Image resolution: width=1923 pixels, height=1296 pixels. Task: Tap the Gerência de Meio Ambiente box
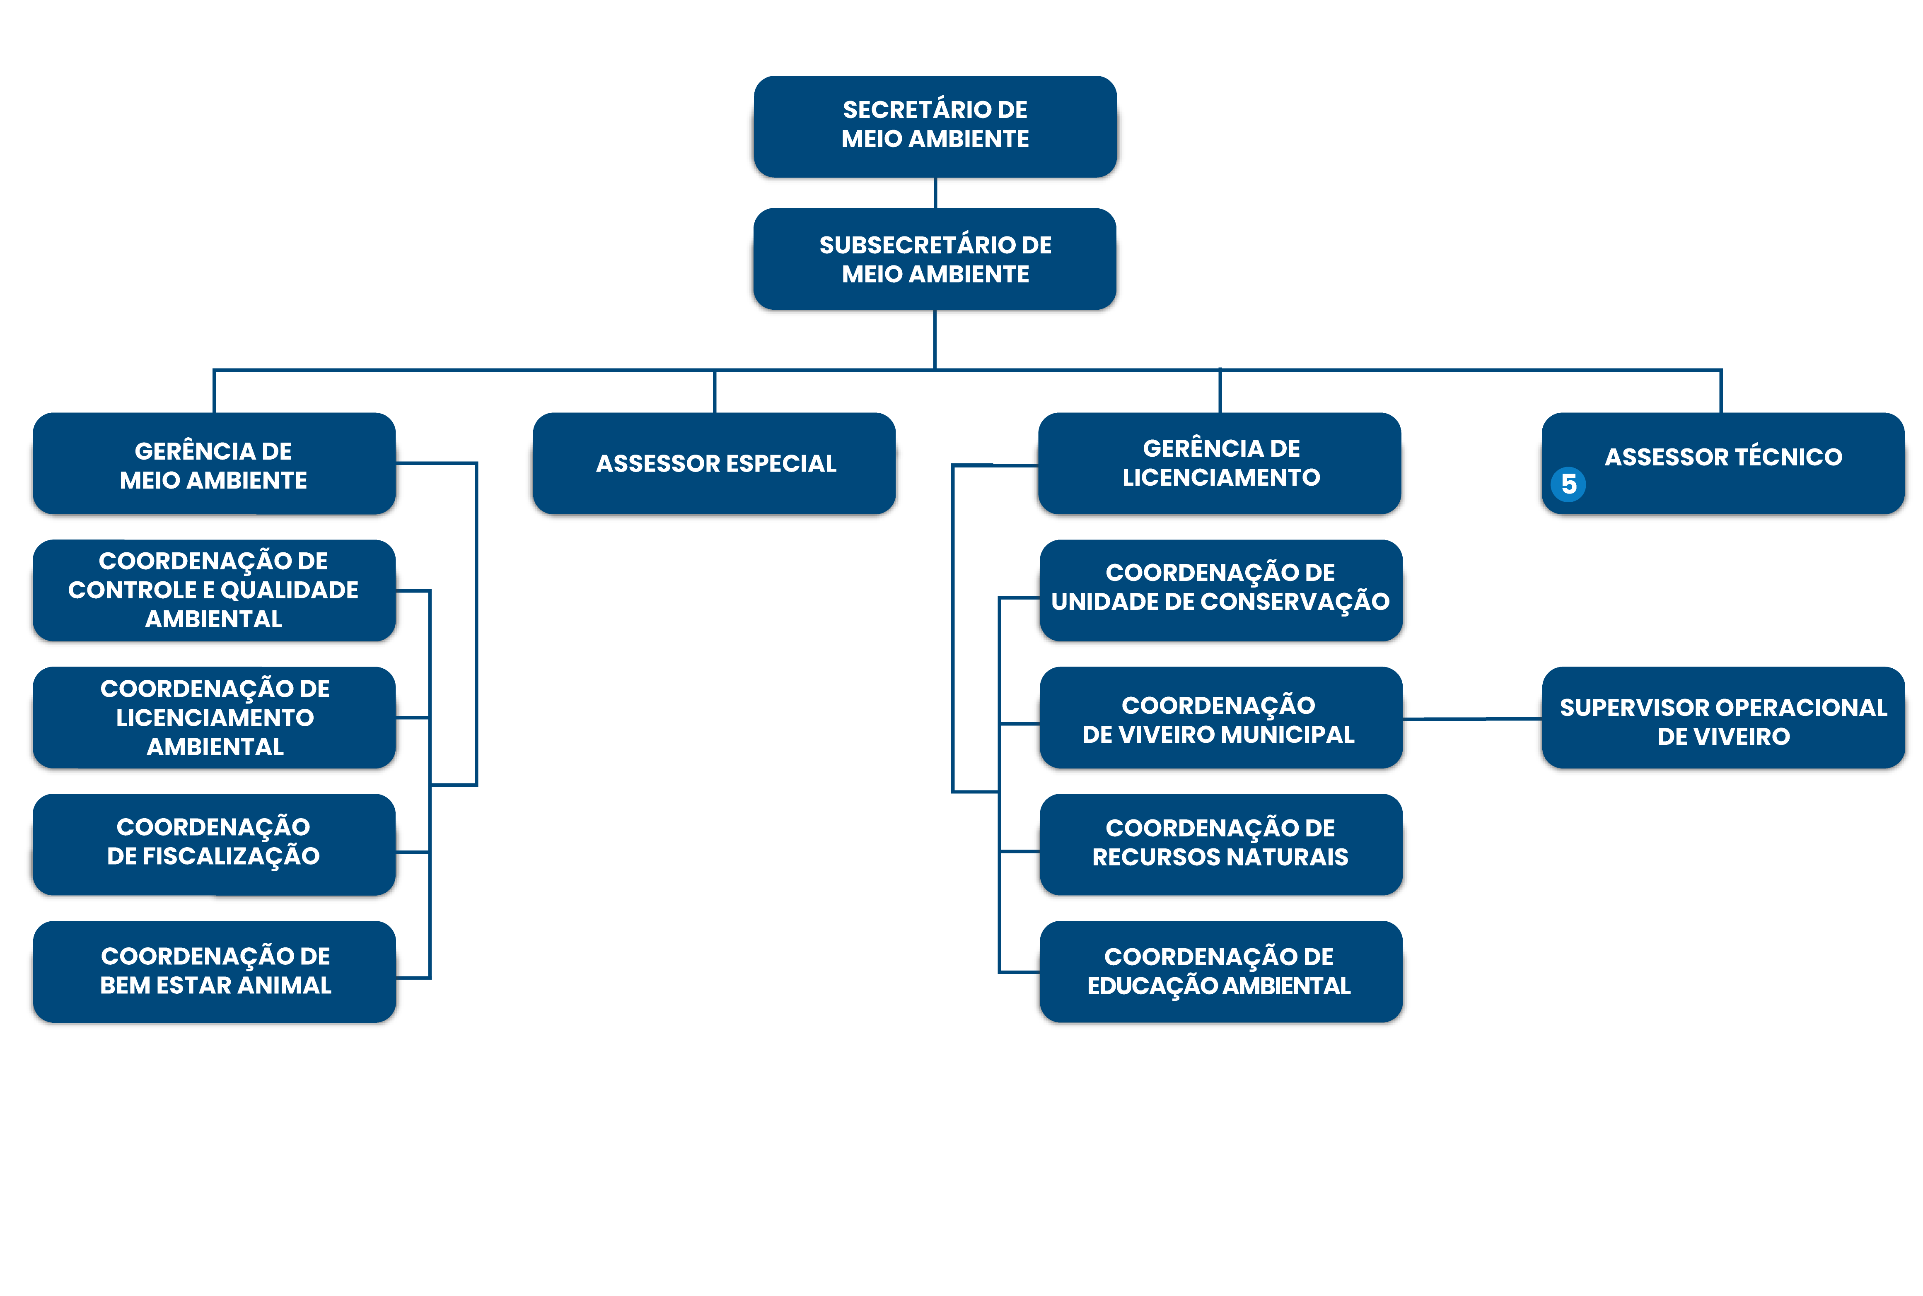214,464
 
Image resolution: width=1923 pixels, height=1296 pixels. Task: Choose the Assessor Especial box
714,464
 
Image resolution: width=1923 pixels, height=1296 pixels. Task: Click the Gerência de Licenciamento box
1220,464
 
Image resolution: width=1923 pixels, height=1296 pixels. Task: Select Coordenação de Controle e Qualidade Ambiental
214,590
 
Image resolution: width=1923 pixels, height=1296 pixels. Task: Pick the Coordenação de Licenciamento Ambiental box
214,718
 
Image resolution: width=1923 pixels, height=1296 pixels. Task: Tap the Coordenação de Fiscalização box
214,845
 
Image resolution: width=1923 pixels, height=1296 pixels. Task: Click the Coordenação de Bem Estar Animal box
214,972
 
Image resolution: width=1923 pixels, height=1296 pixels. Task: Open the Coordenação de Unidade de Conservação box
1221,590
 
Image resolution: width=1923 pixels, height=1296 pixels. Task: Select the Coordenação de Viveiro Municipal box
1221,718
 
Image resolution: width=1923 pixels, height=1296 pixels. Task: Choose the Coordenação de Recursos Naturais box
1221,845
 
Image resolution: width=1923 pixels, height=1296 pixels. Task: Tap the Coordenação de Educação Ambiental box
1221,972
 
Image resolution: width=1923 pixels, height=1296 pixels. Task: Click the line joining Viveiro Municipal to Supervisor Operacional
1472,719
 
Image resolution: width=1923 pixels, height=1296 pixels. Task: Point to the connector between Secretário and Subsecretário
935,193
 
